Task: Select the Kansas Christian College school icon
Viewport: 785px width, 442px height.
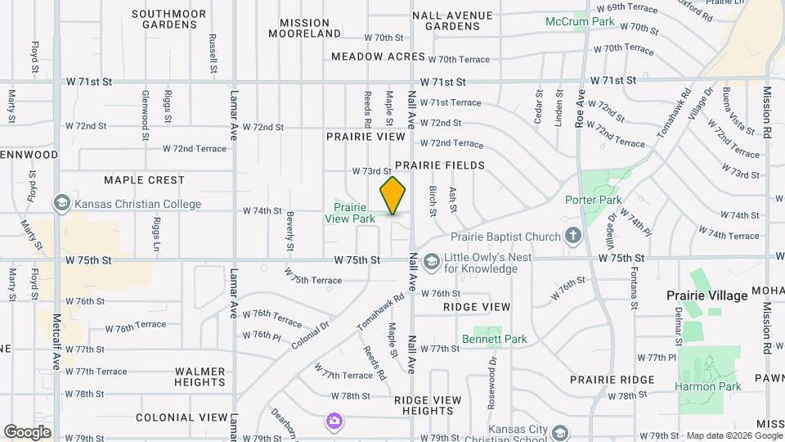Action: pyautogui.click(x=61, y=203)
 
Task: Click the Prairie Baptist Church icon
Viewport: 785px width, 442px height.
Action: pyautogui.click(x=573, y=237)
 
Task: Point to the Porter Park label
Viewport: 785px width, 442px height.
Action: pyautogui.click(x=594, y=200)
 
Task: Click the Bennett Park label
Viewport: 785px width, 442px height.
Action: pyautogui.click(x=495, y=339)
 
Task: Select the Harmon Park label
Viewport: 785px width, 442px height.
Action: pyautogui.click(x=707, y=386)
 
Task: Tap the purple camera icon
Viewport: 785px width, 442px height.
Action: pyautogui.click(x=334, y=422)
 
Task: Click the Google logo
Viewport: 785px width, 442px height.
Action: pyautogui.click(x=27, y=431)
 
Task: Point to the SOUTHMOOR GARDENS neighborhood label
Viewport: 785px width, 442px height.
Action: pyautogui.click(x=168, y=20)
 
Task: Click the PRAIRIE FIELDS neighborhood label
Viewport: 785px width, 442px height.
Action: pyautogui.click(x=451, y=165)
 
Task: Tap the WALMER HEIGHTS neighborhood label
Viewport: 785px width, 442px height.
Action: pyautogui.click(x=200, y=377)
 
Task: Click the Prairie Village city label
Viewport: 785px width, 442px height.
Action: pyautogui.click(x=706, y=295)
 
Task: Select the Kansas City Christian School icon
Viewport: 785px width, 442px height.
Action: pyautogui.click(x=560, y=431)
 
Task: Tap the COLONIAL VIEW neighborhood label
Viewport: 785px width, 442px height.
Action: pyautogui.click(x=182, y=417)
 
